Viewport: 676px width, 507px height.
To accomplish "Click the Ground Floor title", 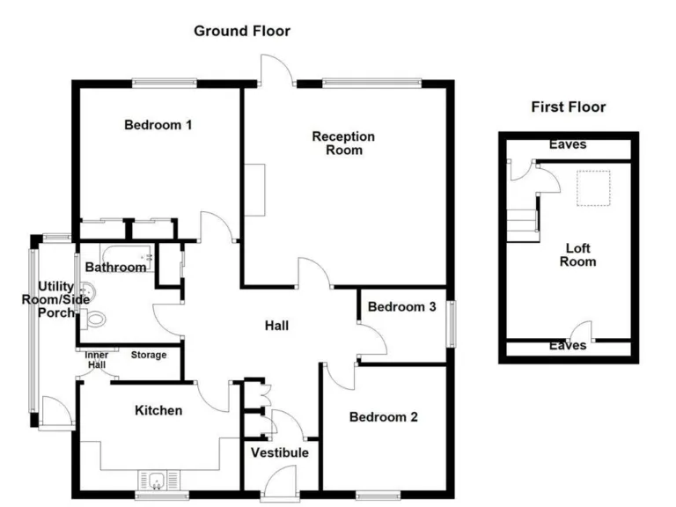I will tap(242, 31).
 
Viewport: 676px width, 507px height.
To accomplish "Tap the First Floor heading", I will tap(568, 107).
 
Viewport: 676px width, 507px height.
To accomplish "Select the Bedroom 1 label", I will tap(158, 125).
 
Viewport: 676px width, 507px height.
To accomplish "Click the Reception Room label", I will tap(343, 143).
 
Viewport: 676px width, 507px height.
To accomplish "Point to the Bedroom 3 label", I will tap(401, 307).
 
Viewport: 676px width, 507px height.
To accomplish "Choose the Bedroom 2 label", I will tap(383, 417).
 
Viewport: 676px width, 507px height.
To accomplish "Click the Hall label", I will tap(276, 326).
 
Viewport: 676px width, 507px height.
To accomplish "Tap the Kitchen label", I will tap(158, 410).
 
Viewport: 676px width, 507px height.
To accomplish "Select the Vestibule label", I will tap(279, 452).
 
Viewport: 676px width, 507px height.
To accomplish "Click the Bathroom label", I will tap(115, 267).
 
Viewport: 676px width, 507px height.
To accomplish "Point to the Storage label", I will tap(149, 356).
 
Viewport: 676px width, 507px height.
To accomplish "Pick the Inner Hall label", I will tap(97, 360).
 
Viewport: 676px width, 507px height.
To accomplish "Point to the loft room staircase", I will tap(523, 220).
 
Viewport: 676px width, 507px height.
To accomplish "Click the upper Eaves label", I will tap(567, 144).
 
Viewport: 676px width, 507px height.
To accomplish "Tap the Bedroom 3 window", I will tap(452, 324).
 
